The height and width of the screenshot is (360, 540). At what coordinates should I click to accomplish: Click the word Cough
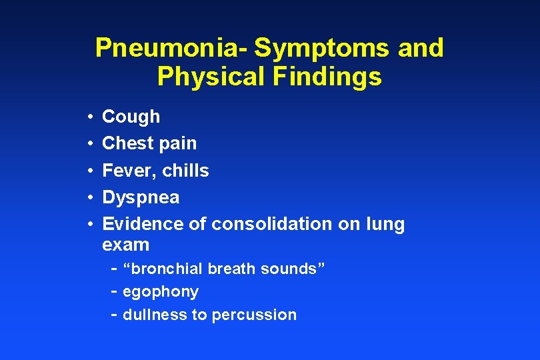[x=131, y=117]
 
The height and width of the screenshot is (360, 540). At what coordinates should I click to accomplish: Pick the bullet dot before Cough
[x=89, y=117]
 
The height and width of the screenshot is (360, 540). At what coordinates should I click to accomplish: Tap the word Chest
[x=129, y=143]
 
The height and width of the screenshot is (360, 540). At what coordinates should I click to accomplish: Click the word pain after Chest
[x=179, y=144]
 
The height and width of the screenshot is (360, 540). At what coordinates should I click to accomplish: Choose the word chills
[x=186, y=171]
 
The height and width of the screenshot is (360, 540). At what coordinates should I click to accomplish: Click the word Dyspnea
[x=141, y=198]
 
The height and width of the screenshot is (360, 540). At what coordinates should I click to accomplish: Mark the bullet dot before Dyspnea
[x=89, y=198]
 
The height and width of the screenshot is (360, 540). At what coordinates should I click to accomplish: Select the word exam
[x=125, y=245]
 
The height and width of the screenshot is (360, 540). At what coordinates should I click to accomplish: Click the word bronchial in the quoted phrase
[x=167, y=269]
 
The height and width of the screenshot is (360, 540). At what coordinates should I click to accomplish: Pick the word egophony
[x=160, y=292]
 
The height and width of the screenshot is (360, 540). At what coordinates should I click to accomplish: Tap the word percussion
[x=254, y=315]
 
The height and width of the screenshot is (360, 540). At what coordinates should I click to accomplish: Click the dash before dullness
[x=113, y=314]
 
